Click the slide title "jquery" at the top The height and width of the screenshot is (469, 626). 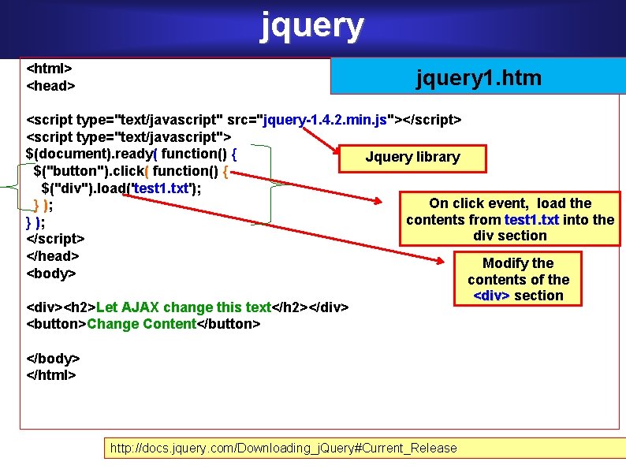pos(312,25)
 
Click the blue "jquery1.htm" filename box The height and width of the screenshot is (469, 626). pos(479,77)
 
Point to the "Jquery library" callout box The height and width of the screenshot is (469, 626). pos(412,157)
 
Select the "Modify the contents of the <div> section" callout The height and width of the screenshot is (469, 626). pos(519,279)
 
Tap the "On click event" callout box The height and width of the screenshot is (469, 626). pos(509,219)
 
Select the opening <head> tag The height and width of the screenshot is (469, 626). pos(50,84)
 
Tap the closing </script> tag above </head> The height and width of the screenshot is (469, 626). pos(55,238)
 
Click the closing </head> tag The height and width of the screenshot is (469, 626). pos(52,255)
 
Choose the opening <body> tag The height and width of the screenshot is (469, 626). pos(51,274)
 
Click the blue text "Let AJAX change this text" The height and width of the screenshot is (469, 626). pos(183,307)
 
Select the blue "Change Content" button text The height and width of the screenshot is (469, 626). pos(141,324)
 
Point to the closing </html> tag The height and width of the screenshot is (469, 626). pos(51,374)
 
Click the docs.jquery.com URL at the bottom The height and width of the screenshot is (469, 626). pos(283,448)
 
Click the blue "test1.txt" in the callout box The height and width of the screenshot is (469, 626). pos(532,219)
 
